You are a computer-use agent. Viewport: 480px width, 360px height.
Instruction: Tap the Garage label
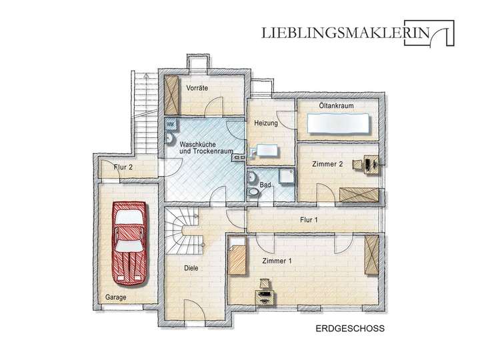(x=115, y=297)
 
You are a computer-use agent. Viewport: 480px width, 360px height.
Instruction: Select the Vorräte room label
(x=198, y=88)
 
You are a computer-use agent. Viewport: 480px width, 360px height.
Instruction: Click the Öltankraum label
(x=335, y=106)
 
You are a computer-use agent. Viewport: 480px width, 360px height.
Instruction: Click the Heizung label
(x=265, y=123)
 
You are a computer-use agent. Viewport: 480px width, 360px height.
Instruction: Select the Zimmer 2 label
(x=327, y=163)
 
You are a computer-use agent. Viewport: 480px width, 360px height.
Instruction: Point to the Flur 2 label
(x=122, y=168)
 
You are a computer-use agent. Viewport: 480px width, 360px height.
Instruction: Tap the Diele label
(x=192, y=269)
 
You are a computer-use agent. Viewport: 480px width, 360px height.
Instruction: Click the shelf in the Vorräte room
(x=173, y=97)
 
